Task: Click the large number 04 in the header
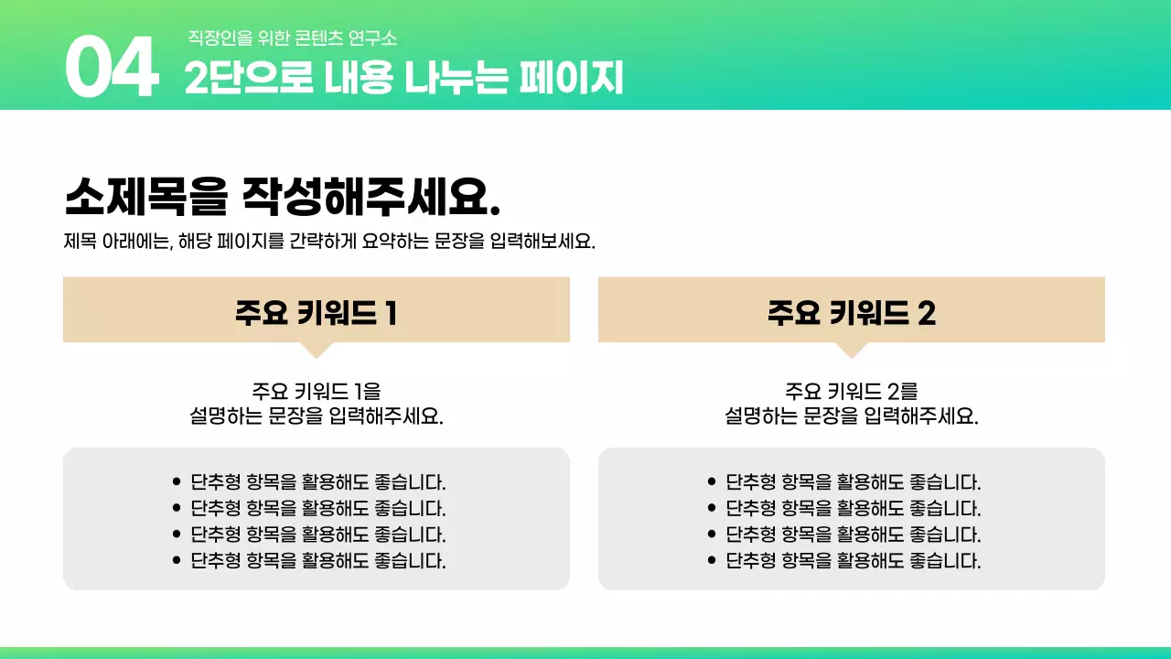pyautogui.click(x=112, y=70)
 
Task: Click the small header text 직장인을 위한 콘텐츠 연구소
pyautogui.click(x=292, y=38)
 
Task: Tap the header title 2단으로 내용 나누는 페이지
pyautogui.click(x=403, y=79)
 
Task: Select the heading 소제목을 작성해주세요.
pyautogui.click(x=283, y=196)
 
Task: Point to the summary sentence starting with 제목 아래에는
pyautogui.click(x=329, y=243)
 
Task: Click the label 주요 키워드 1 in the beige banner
pyautogui.click(x=316, y=313)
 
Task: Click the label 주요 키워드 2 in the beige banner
pyautogui.click(x=851, y=313)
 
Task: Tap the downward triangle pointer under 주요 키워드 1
pyautogui.click(x=317, y=349)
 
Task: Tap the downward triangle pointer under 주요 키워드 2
pyautogui.click(x=852, y=349)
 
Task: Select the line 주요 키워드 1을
pyautogui.click(x=316, y=392)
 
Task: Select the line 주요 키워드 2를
pyautogui.click(x=851, y=392)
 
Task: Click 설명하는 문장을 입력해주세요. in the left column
pyautogui.click(x=316, y=416)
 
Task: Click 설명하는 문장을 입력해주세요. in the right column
pyautogui.click(x=851, y=416)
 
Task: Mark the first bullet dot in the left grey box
pyautogui.click(x=177, y=481)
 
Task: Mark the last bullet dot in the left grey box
pyautogui.click(x=177, y=561)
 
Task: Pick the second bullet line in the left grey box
pyautogui.click(x=317, y=508)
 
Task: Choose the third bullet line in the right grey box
pyautogui.click(x=853, y=535)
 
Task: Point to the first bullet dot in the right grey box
pyautogui.click(x=712, y=481)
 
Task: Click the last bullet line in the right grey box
pyautogui.click(x=853, y=561)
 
